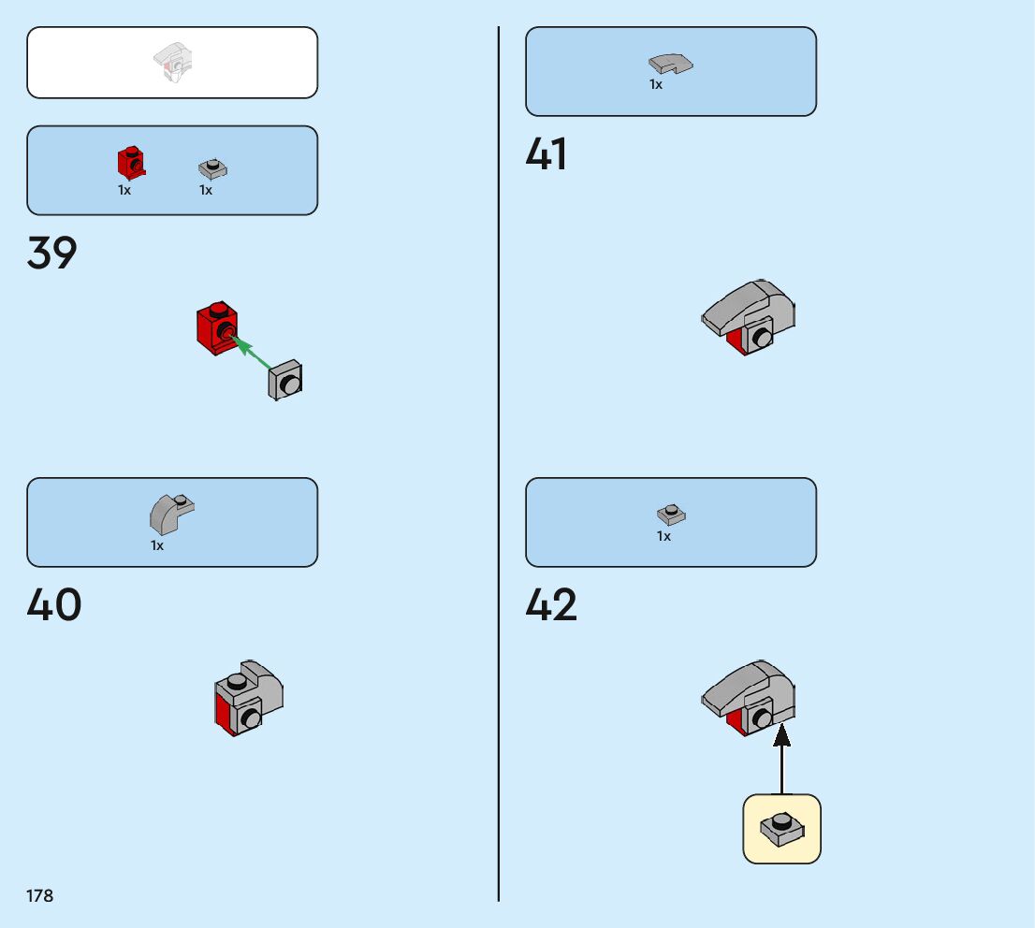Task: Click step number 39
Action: (52, 254)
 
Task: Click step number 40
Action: (54, 605)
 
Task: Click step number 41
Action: (547, 154)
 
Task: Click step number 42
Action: (551, 605)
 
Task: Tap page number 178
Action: (40, 896)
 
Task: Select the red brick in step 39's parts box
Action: (131, 163)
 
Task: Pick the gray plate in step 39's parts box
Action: (212, 168)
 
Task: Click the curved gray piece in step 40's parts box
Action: (169, 514)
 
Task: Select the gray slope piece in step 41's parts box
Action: (670, 64)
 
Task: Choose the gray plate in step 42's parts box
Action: (671, 514)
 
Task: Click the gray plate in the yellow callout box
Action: (782, 828)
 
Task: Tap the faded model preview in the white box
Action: (172, 63)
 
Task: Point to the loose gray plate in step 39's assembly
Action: (285, 381)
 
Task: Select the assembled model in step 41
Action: (749, 317)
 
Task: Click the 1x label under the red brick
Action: (124, 190)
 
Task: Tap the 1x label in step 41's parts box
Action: (656, 84)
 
